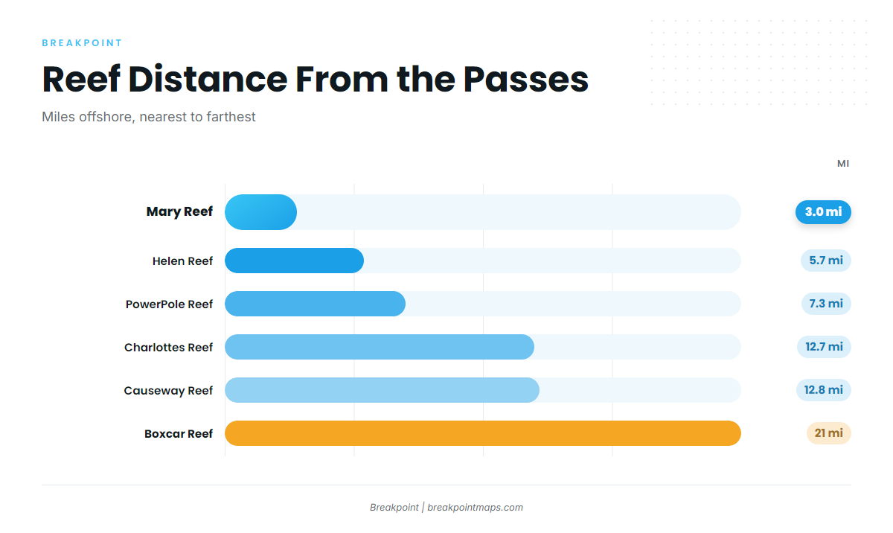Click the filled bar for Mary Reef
(x=260, y=212)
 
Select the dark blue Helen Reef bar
(x=294, y=261)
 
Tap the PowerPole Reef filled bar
(x=316, y=304)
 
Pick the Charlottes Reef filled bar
(x=380, y=347)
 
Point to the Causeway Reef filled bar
(x=382, y=390)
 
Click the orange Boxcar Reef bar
(x=483, y=433)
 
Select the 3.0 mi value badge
(x=823, y=211)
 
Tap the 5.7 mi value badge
(x=826, y=261)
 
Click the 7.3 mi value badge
(x=826, y=304)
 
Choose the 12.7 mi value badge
(x=824, y=346)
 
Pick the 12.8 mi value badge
(x=824, y=389)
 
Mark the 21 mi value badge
(x=829, y=433)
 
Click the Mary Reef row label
(x=179, y=211)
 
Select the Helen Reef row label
(x=182, y=261)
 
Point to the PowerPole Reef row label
(x=169, y=304)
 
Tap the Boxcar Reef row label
(x=179, y=433)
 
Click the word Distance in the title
(x=208, y=80)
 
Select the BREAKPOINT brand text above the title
(x=82, y=43)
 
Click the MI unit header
(x=843, y=164)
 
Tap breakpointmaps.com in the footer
(x=476, y=508)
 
